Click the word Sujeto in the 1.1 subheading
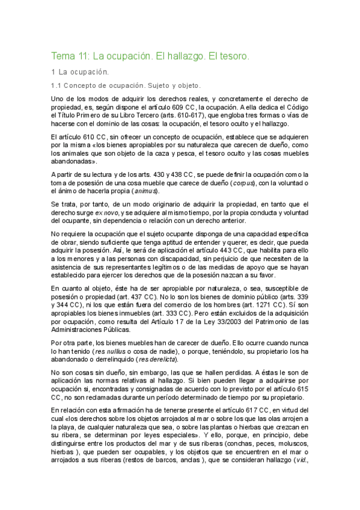tap(153, 86)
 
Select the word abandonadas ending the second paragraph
tap(72, 162)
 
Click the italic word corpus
tap(241, 183)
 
